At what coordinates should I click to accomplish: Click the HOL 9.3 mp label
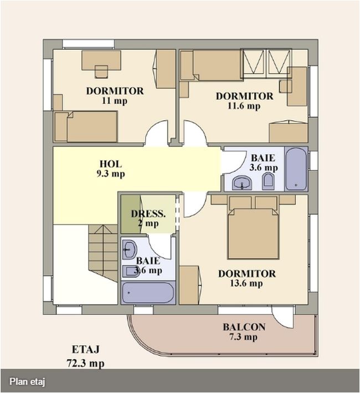[x=111, y=169]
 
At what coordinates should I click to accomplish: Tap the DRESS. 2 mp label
[x=148, y=218]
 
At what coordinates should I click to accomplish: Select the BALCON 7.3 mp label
[x=244, y=331]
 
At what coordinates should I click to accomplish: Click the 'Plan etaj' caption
[x=27, y=381]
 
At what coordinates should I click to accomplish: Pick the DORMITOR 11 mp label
[x=115, y=96]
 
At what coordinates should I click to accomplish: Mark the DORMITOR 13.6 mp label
[x=246, y=278]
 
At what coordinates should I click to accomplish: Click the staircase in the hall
[x=103, y=252]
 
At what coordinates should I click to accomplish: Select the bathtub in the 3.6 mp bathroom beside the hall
[x=295, y=169]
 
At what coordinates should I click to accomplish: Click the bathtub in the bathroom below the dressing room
[x=147, y=292]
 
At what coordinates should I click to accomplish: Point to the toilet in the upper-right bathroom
[x=268, y=181]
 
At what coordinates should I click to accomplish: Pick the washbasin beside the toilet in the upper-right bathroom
[x=242, y=182]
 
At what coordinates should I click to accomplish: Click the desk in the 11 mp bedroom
[x=101, y=60]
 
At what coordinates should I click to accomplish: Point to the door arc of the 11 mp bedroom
[x=156, y=134]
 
